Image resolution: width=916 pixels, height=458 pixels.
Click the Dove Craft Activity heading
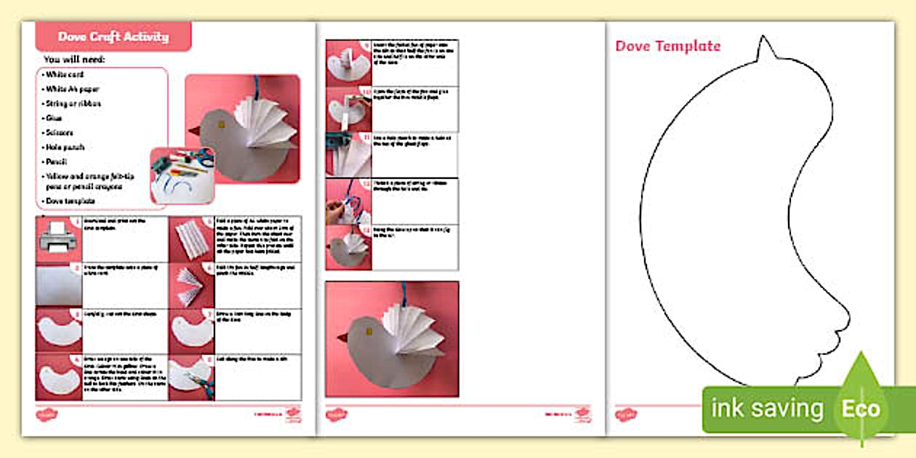point(113,36)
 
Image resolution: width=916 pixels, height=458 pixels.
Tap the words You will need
point(74,59)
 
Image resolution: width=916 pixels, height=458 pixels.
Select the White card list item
point(65,74)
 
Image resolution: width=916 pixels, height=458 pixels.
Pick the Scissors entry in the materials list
point(59,132)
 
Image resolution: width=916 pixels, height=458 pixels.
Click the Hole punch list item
point(65,147)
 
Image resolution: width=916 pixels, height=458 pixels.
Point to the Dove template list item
point(70,201)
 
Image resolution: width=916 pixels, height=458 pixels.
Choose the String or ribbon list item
point(73,103)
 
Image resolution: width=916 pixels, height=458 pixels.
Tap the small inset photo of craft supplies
point(181,175)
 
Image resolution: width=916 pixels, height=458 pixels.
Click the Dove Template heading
point(667,46)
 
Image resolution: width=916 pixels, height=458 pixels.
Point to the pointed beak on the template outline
point(764,49)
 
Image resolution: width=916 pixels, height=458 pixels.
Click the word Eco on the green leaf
point(861,408)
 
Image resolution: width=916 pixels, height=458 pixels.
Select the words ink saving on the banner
point(766,409)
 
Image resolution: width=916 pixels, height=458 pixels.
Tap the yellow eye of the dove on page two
point(368,332)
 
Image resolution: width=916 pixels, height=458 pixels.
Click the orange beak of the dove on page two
point(341,338)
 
